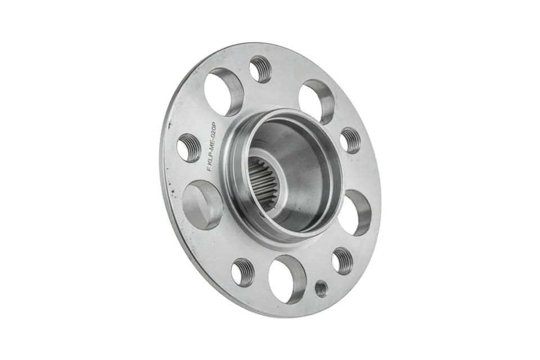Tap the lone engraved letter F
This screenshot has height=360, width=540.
click(x=208, y=168)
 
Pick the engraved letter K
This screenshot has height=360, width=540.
click(x=209, y=161)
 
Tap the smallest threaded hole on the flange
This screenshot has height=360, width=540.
click(x=321, y=288)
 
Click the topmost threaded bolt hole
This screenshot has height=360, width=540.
click(x=260, y=69)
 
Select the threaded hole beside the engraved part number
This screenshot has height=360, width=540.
click(x=188, y=148)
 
